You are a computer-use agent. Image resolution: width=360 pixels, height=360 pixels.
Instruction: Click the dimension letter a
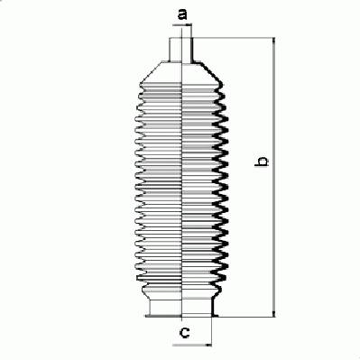pos(182,14)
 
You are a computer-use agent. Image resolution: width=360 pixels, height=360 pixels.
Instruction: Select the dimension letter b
pos(262,161)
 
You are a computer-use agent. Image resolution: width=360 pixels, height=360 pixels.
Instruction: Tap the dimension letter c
pos(184,332)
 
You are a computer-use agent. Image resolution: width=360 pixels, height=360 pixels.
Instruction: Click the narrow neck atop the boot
pos(180,50)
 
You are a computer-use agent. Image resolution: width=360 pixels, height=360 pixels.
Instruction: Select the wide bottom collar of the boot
pos(181,308)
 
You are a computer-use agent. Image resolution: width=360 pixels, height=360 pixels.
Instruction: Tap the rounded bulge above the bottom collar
pos(181,291)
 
